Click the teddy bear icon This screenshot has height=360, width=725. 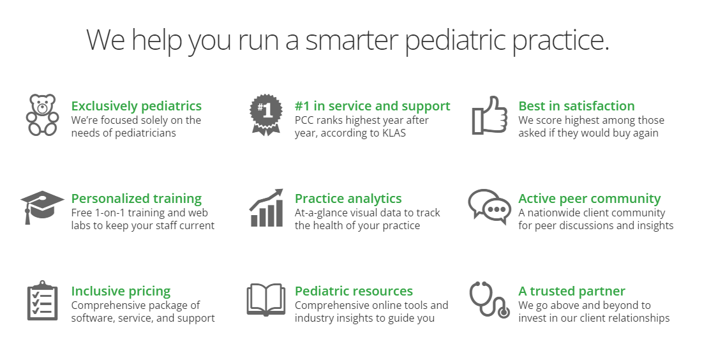pos(43,116)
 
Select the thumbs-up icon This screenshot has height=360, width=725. pos(490,116)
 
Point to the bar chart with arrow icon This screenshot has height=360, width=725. pos(266,207)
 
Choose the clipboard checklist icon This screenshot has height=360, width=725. pos(43,300)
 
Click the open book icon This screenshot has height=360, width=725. pos(266,300)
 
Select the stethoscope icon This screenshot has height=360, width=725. pos(490,300)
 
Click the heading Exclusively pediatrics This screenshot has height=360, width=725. pos(137,106)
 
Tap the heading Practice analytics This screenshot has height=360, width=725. pos(348,199)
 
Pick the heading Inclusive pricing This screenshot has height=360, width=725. pos(121,291)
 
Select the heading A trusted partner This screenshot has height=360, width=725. pos(571,291)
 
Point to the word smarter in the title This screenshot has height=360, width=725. pos(352,40)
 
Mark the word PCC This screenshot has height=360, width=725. pos(304,120)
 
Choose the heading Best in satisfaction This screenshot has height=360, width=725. pos(576,106)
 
